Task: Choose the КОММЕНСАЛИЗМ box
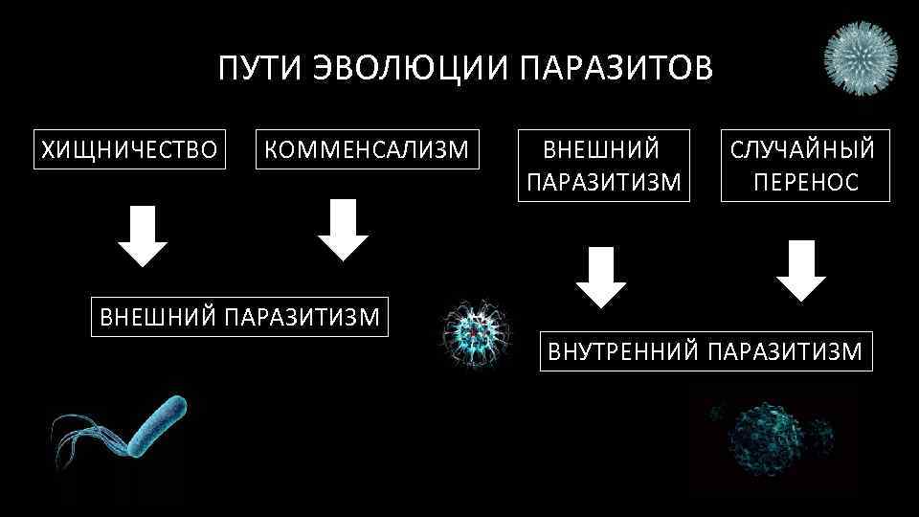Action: click(367, 149)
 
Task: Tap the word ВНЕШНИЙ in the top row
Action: click(601, 149)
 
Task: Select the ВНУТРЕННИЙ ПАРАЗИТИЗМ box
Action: click(706, 350)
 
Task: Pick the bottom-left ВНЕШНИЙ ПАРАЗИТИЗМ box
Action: click(239, 316)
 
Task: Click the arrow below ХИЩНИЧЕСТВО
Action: click(144, 235)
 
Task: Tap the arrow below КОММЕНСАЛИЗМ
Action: click(343, 230)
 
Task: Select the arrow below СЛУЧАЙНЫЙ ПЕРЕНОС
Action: click(801, 272)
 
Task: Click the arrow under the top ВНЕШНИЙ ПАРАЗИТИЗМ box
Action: click(601, 277)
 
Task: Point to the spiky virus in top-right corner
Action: click(862, 57)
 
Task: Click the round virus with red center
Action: click(474, 332)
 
